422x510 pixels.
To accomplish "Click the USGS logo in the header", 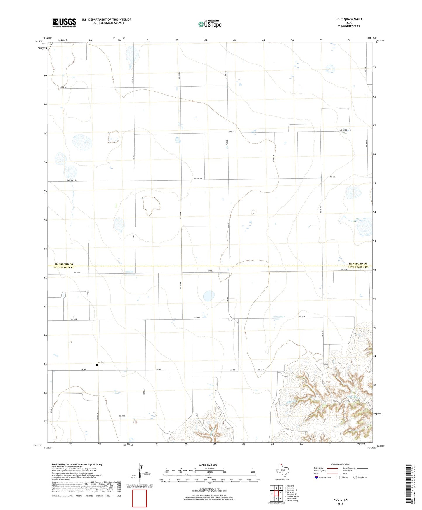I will [x=64, y=22].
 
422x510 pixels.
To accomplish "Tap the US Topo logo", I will [x=210, y=24].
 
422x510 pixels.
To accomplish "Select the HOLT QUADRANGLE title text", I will [x=349, y=19].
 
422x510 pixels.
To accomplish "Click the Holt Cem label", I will [x=100, y=362].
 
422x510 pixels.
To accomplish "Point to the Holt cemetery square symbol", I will [x=97, y=365].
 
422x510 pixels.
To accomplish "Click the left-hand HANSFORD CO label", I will [x=64, y=264].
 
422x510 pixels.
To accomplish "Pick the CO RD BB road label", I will [x=63, y=87].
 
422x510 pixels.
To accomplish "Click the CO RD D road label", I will [x=122, y=416].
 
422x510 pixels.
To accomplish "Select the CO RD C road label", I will [x=261, y=370].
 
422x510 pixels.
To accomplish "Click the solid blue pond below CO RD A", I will [x=209, y=296].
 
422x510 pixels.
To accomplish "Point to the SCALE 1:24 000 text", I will [x=207, y=464].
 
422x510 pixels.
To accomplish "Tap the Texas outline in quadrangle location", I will [x=282, y=471].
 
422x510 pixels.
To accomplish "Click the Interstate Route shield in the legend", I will [x=317, y=477].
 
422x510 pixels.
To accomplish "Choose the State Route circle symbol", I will [x=355, y=477].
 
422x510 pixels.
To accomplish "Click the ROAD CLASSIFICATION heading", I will [x=340, y=464].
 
